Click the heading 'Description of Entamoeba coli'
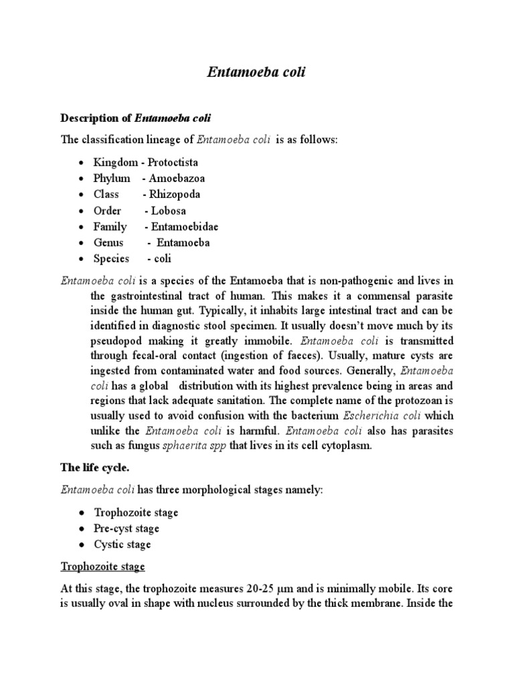tap(135, 118)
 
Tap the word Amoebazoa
tap(178, 179)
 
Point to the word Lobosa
tap(171, 211)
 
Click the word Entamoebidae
tap(185, 227)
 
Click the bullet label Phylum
tap(112, 179)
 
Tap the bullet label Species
tap(112, 259)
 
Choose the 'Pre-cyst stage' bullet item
tap(126, 528)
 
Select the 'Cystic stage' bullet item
tap(122, 545)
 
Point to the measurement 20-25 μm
tap(259, 590)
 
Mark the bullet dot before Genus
tap(80, 243)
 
